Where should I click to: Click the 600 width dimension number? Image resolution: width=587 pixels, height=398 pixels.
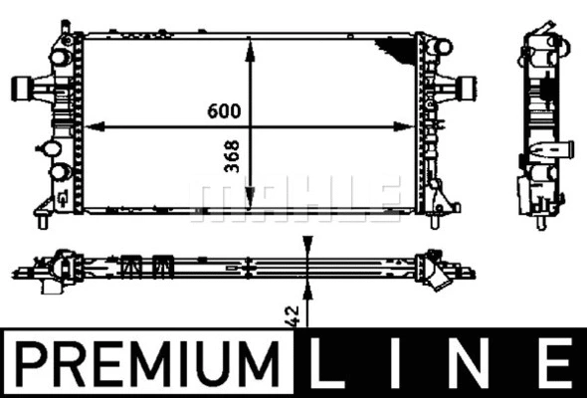pos(224,111)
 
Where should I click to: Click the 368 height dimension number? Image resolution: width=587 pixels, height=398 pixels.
pos(232,156)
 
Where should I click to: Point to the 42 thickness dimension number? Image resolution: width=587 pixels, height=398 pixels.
pos(293,315)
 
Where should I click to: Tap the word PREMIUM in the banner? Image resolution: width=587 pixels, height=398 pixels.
pos(147,363)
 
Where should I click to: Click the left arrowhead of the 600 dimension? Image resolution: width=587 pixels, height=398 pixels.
pos(95,127)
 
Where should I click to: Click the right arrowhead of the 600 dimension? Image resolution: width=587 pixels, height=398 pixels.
pos(404,126)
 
